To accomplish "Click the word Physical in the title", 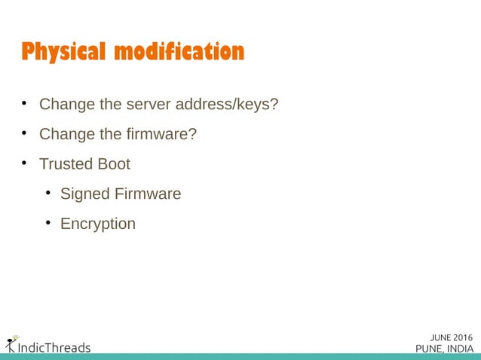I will click(x=64, y=52).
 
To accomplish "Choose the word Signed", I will click(x=84, y=194).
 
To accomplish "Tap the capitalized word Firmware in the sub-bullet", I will click(x=148, y=194).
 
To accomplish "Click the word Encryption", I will click(x=98, y=224).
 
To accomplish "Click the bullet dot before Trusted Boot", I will click(x=25, y=163).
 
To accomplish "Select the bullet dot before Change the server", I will click(x=25, y=102).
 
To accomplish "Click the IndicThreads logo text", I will click(x=53, y=347).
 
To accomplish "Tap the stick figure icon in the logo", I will click(x=10, y=344).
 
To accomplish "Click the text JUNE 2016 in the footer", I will click(x=452, y=336).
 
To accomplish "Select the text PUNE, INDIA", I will click(x=445, y=348).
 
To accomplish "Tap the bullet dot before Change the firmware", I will click(x=25, y=133).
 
